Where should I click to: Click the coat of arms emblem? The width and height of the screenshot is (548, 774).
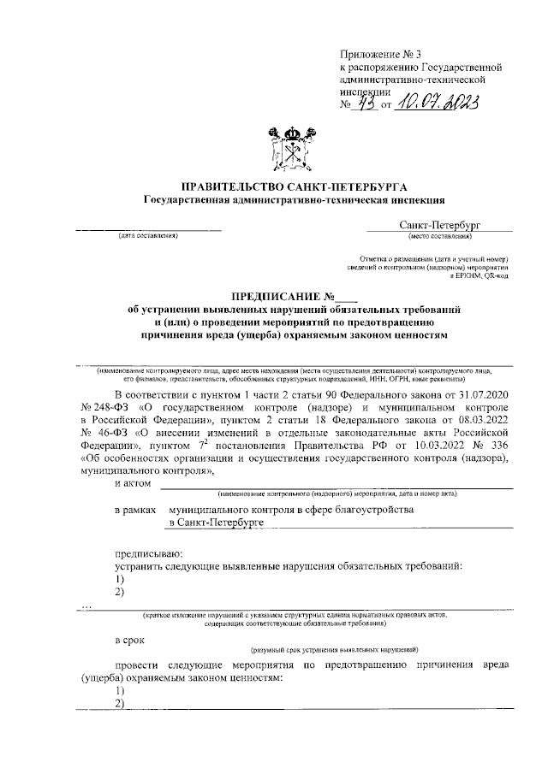pyautogui.click(x=294, y=151)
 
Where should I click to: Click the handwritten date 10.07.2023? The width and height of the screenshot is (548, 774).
pyautogui.click(x=436, y=106)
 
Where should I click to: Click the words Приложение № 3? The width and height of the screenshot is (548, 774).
pyautogui.click(x=375, y=52)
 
